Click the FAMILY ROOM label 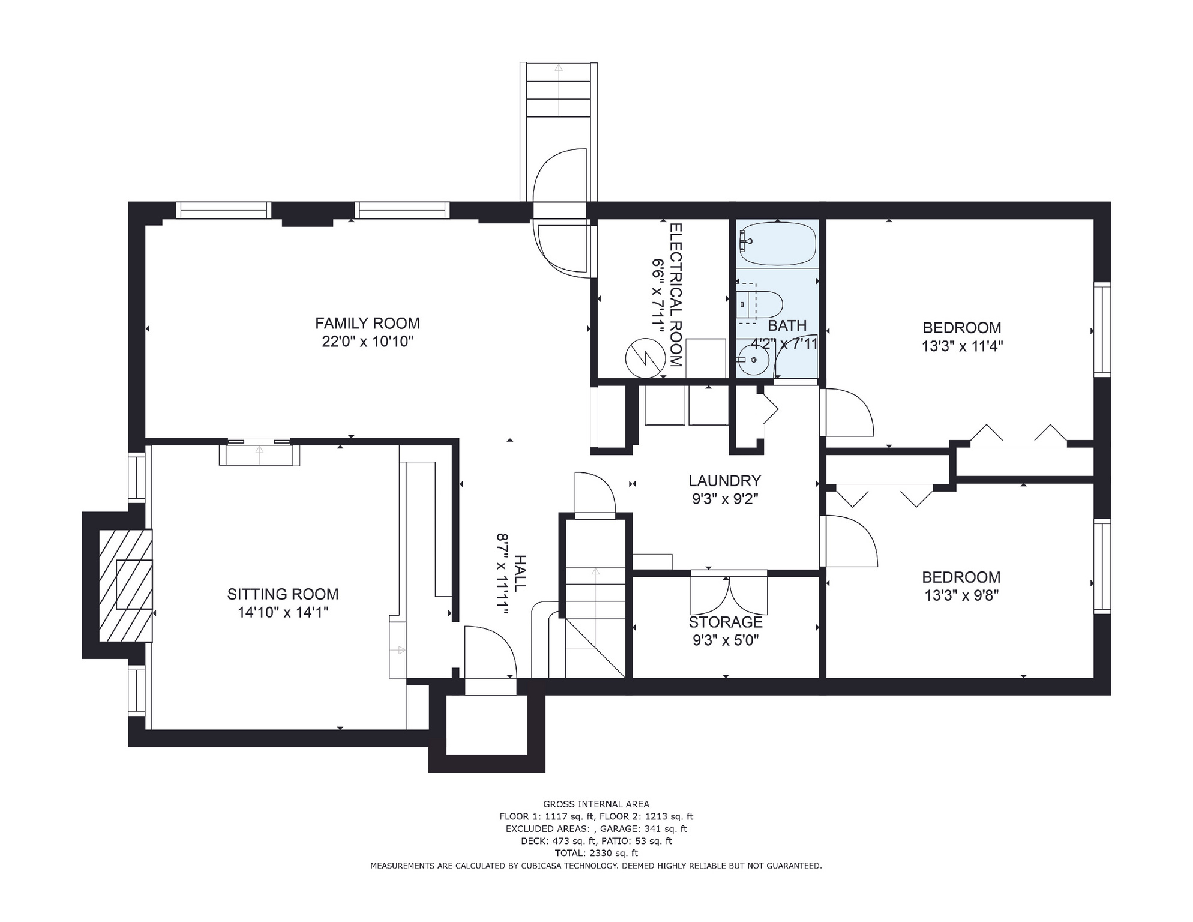[367, 323]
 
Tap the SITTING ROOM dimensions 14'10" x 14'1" [283, 612]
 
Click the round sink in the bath [753, 360]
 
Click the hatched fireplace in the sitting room [125, 585]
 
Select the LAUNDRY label [724, 480]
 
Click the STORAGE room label [726, 622]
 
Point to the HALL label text [520, 573]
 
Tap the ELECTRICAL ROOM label [676, 295]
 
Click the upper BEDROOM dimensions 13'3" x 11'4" [962, 346]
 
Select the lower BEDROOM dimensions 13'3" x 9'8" [961, 595]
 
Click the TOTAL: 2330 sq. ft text [596, 853]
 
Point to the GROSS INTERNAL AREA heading [596, 804]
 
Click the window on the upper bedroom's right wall [1102, 330]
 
